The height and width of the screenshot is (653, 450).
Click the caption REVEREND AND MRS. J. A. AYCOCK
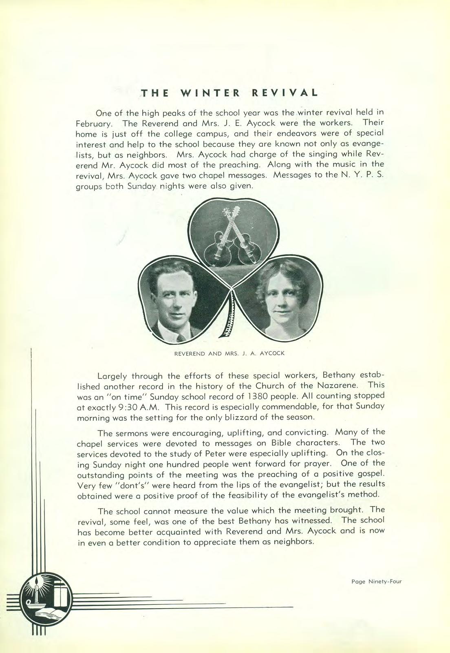[229, 353]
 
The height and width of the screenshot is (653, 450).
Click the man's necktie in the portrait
[179, 338]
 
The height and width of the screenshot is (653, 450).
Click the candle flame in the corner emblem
[37, 581]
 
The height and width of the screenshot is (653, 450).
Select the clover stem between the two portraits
[229, 318]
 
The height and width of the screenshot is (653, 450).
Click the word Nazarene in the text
[340, 385]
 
